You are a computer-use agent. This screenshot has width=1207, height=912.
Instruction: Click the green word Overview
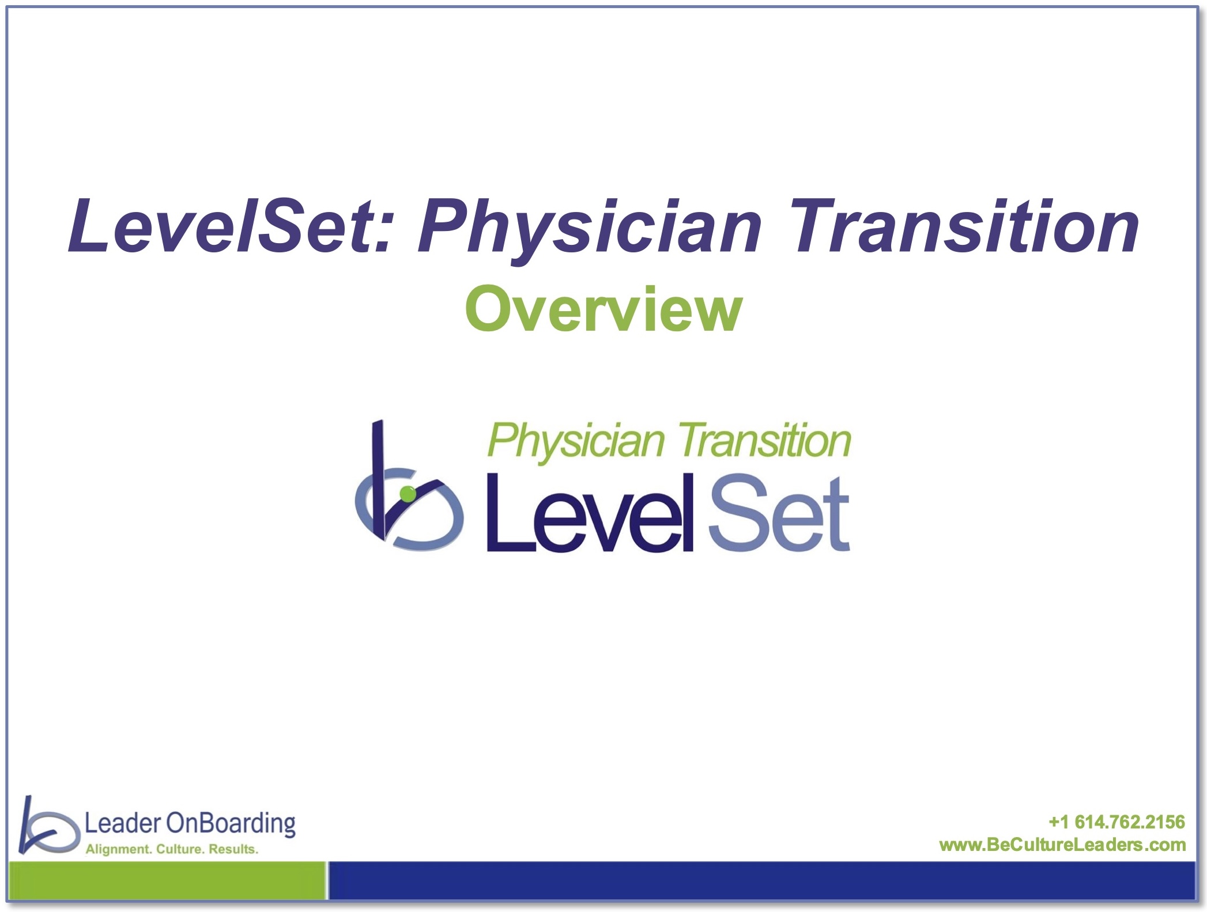(x=603, y=309)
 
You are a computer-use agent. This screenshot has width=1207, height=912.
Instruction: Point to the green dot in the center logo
(x=408, y=494)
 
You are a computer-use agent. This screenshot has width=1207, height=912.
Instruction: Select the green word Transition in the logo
(x=764, y=440)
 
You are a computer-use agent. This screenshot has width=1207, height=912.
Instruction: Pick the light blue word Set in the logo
(x=779, y=513)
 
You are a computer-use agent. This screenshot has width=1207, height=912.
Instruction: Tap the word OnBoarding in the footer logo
(x=231, y=824)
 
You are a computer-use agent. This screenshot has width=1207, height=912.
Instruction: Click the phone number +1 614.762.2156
(x=1117, y=822)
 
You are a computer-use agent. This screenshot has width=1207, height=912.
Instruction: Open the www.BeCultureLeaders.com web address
(x=1062, y=845)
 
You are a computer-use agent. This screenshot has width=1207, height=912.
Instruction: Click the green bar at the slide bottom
(x=168, y=880)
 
